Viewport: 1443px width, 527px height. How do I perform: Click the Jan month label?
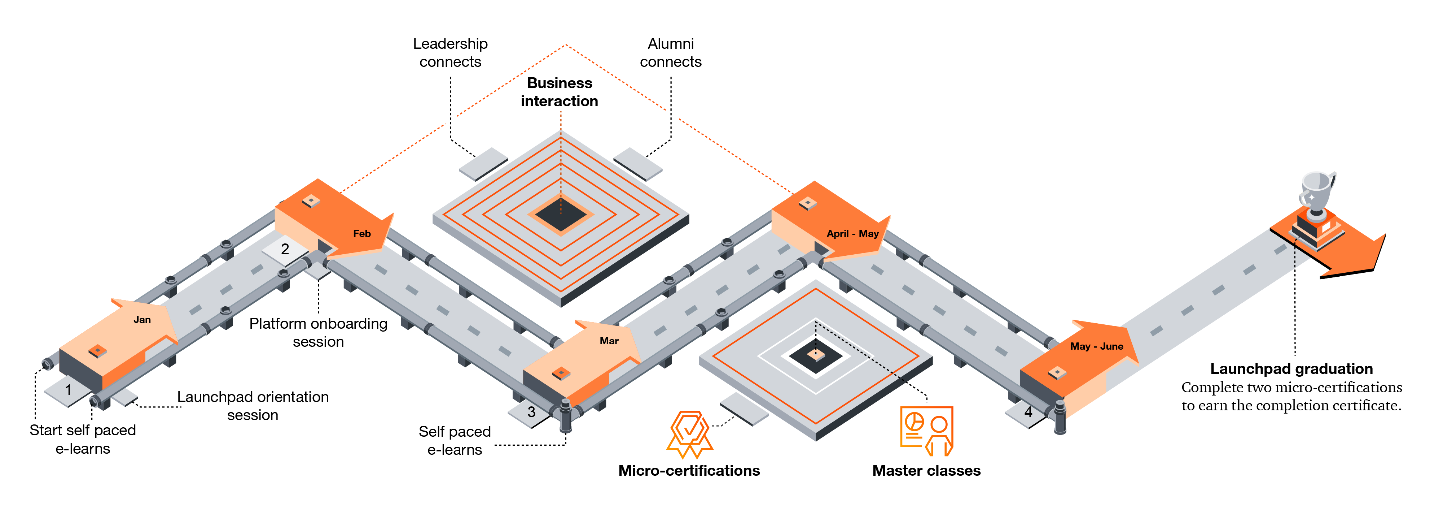[142, 320]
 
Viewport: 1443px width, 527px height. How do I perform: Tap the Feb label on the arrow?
[362, 233]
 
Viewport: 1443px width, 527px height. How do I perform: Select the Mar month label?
[609, 341]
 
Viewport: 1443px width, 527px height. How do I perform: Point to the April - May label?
[852, 233]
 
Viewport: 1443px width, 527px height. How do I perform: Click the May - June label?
[1096, 346]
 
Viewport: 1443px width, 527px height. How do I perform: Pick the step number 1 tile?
[68, 391]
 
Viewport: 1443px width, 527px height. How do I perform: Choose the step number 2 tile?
[285, 250]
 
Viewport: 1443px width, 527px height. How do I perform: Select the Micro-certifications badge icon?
[689, 435]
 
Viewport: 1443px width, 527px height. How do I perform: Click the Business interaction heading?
[560, 92]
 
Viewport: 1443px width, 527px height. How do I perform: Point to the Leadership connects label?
[450, 53]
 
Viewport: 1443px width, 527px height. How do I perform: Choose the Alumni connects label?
[671, 53]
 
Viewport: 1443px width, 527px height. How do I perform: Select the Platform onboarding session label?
[318, 332]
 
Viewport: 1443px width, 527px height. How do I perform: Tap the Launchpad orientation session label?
[253, 406]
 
